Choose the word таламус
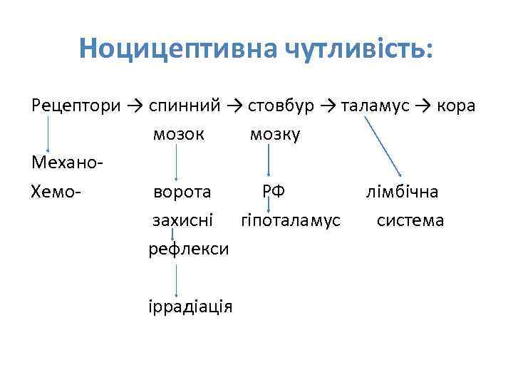375,106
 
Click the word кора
457,106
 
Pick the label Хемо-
58,192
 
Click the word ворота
182,192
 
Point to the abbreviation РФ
274,190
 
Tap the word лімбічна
402,192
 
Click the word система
410,220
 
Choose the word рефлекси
188,249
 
